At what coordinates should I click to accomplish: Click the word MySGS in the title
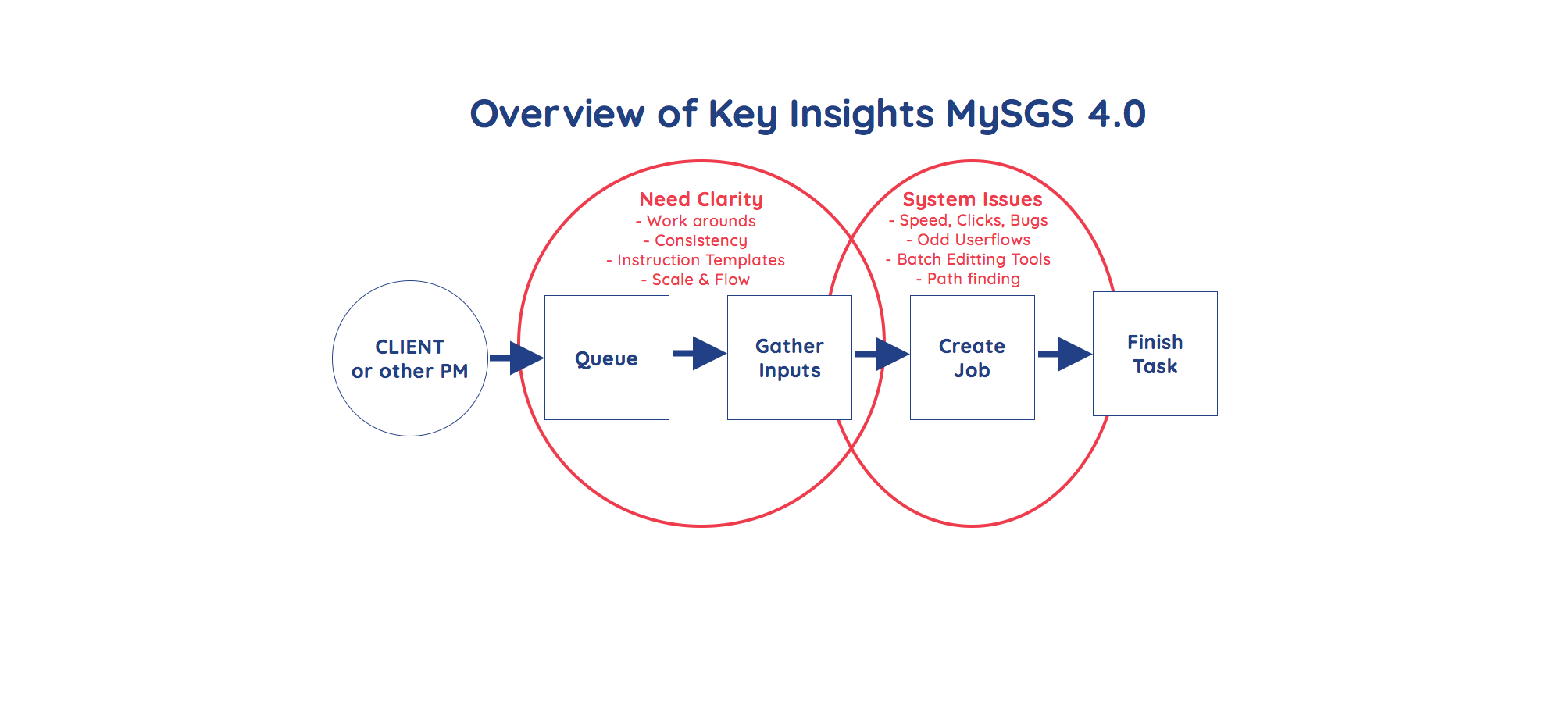1009,114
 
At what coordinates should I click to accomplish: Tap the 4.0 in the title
1116,114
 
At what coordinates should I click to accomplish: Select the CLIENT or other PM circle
409,358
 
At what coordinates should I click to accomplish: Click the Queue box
606,358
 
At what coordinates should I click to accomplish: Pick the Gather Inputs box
789,358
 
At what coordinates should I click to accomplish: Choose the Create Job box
972,358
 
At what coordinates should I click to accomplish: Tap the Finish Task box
1155,354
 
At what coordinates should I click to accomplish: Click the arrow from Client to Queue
517,358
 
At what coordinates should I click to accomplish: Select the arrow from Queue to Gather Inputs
699,354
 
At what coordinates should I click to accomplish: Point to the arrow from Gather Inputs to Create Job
882,354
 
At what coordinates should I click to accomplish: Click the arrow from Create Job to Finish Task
1065,354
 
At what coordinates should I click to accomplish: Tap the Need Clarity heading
701,200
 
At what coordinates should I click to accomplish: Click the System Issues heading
973,200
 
